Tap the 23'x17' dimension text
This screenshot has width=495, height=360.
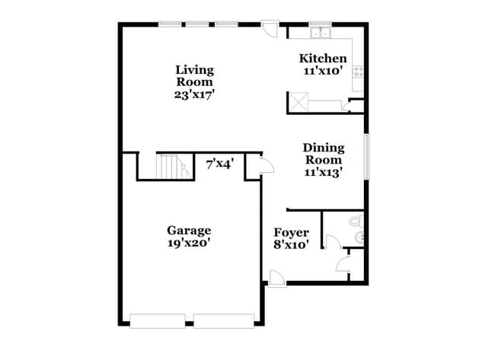coord(194,95)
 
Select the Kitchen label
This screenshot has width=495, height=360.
coord(323,59)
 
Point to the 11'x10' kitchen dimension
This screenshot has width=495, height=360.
coord(323,71)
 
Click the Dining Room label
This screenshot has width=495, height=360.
coord(324,154)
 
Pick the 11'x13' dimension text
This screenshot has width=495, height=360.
coord(324,172)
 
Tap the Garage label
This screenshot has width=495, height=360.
coord(189,230)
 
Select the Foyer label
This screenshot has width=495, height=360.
coord(291,232)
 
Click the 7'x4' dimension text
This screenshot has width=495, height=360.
coord(220,162)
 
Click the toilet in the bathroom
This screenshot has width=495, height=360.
coord(356,222)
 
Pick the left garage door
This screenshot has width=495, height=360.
coord(158,320)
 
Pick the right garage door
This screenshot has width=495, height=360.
coord(223,320)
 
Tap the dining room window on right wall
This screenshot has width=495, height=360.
coord(366,158)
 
